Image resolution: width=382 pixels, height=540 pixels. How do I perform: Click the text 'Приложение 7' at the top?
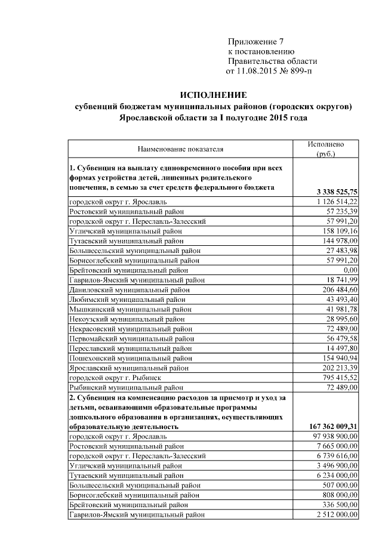[x=253, y=41]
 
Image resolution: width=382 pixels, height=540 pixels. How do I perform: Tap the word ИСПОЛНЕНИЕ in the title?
[x=213, y=95]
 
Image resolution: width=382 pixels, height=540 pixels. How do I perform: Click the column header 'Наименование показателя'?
[x=180, y=149]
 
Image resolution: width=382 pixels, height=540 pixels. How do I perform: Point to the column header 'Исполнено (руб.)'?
[x=325, y=149]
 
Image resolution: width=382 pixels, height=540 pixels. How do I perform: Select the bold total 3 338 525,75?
[x=335, y=192]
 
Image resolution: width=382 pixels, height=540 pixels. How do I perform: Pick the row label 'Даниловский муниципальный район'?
[x=131, y=289]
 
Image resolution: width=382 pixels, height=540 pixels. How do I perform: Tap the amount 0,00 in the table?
[x=347, y=269]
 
